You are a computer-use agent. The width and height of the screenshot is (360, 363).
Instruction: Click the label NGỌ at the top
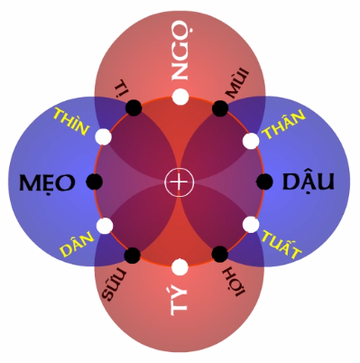[x=180, y=59]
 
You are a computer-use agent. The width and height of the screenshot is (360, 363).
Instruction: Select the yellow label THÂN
[x=284, y=123]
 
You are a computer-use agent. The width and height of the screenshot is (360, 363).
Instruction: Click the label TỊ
[x=121, y=87]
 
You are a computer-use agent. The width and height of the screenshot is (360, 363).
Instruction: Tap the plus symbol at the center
[x=180, y=182]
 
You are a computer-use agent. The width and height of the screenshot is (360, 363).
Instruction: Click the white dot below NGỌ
[x=180, y=97]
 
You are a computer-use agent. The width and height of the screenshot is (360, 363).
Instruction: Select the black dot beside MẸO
[x=95, y=182]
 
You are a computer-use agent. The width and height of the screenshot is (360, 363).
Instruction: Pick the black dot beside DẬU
[x=264, y=181]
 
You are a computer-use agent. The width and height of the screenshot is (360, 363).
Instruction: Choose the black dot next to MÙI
[x=220, y=108]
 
